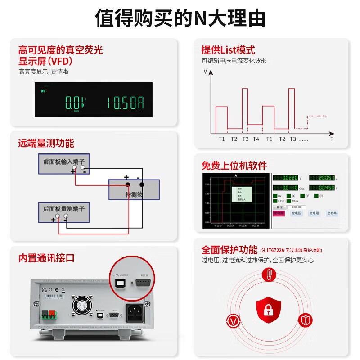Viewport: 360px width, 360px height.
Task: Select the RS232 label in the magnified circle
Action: click(x=144, y=274)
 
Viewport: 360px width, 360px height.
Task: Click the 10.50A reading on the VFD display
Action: click(x=126, y=103)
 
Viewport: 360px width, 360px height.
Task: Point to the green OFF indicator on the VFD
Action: click(x=44, y=91)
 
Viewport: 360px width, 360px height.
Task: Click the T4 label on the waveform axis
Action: click(x=256, y=139)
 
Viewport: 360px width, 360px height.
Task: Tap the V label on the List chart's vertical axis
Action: click(x=206, y=72)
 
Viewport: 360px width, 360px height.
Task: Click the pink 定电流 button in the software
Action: click(x=279, y=213)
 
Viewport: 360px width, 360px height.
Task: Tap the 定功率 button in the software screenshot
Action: click(x=332, y=213)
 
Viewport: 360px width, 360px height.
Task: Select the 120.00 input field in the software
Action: click(x=297, y=207)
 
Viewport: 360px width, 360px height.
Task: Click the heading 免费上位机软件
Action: click(x=234, y=166)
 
